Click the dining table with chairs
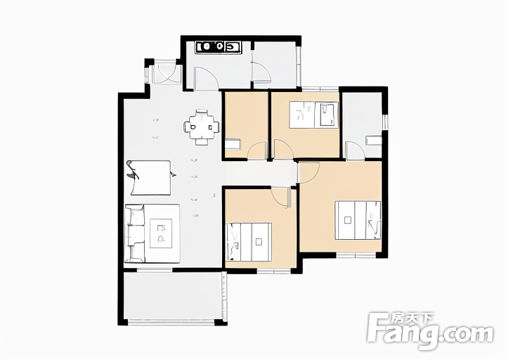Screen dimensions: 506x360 202,127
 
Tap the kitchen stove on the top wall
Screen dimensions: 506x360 219,46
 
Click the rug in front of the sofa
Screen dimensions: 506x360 161,233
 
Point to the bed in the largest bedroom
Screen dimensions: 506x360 358,220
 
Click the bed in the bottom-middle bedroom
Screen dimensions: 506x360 249,241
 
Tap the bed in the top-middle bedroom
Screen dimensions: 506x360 313,115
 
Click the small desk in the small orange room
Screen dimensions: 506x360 233,144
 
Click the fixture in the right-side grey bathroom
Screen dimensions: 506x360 374,141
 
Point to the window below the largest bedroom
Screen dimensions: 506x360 356,255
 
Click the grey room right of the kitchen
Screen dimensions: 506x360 274,65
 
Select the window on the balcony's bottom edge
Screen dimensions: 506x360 171,322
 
